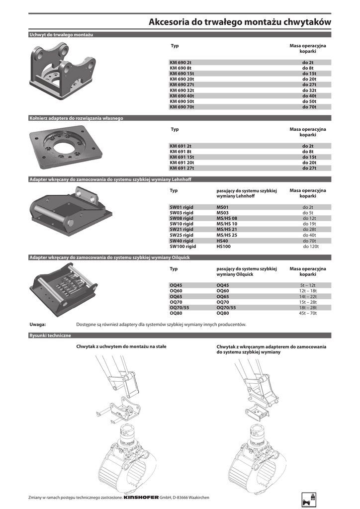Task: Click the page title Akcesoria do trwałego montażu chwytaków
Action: point(240,22)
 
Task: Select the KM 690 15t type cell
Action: point(182,74)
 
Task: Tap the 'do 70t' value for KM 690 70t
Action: point(309,107)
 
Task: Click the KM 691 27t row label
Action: point(182,168)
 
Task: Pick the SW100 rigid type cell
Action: point(183,246)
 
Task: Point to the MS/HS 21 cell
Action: point(227,229)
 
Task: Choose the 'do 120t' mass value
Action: point(311,246)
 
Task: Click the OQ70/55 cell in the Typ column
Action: point(180,308)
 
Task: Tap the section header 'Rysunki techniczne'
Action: point(50,336)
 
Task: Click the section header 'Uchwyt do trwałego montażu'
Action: point(61,34)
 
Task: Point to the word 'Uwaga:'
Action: point(38,324)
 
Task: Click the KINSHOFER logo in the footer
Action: point(141,498)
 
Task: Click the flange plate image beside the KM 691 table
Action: point(67,147)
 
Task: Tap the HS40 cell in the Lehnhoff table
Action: point(222,241)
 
